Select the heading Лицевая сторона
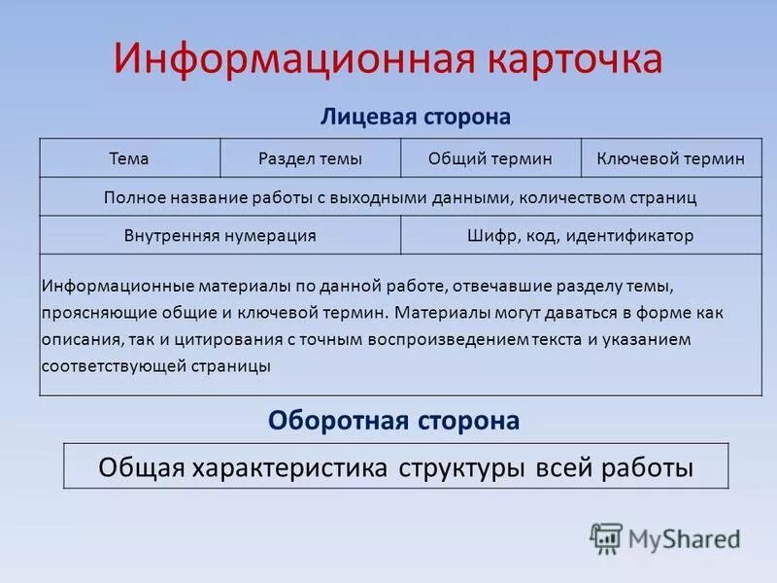tap(415, 117)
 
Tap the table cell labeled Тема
tap(129, 158)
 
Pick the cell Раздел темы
tap(310, 158)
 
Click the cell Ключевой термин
tap(671, 158)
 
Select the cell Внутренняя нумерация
tap(220, 236)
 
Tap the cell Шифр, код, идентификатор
tap(580, 236)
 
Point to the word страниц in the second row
tap(662, 197)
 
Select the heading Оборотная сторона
tap(393, 421)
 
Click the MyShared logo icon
tap(606, 537)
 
